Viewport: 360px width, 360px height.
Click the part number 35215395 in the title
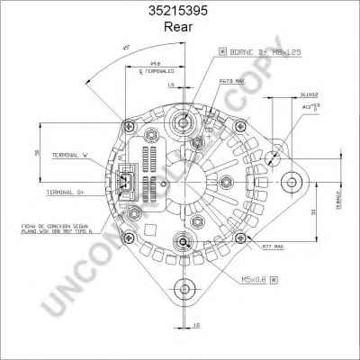[x=180, y=13]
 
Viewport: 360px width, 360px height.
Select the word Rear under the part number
[x=180, y=28]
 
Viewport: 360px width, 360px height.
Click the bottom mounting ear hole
[x=185, y=289]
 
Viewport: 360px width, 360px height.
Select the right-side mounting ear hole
[x=292, y=184]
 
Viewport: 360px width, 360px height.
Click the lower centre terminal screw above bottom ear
[x=185, y=241]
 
